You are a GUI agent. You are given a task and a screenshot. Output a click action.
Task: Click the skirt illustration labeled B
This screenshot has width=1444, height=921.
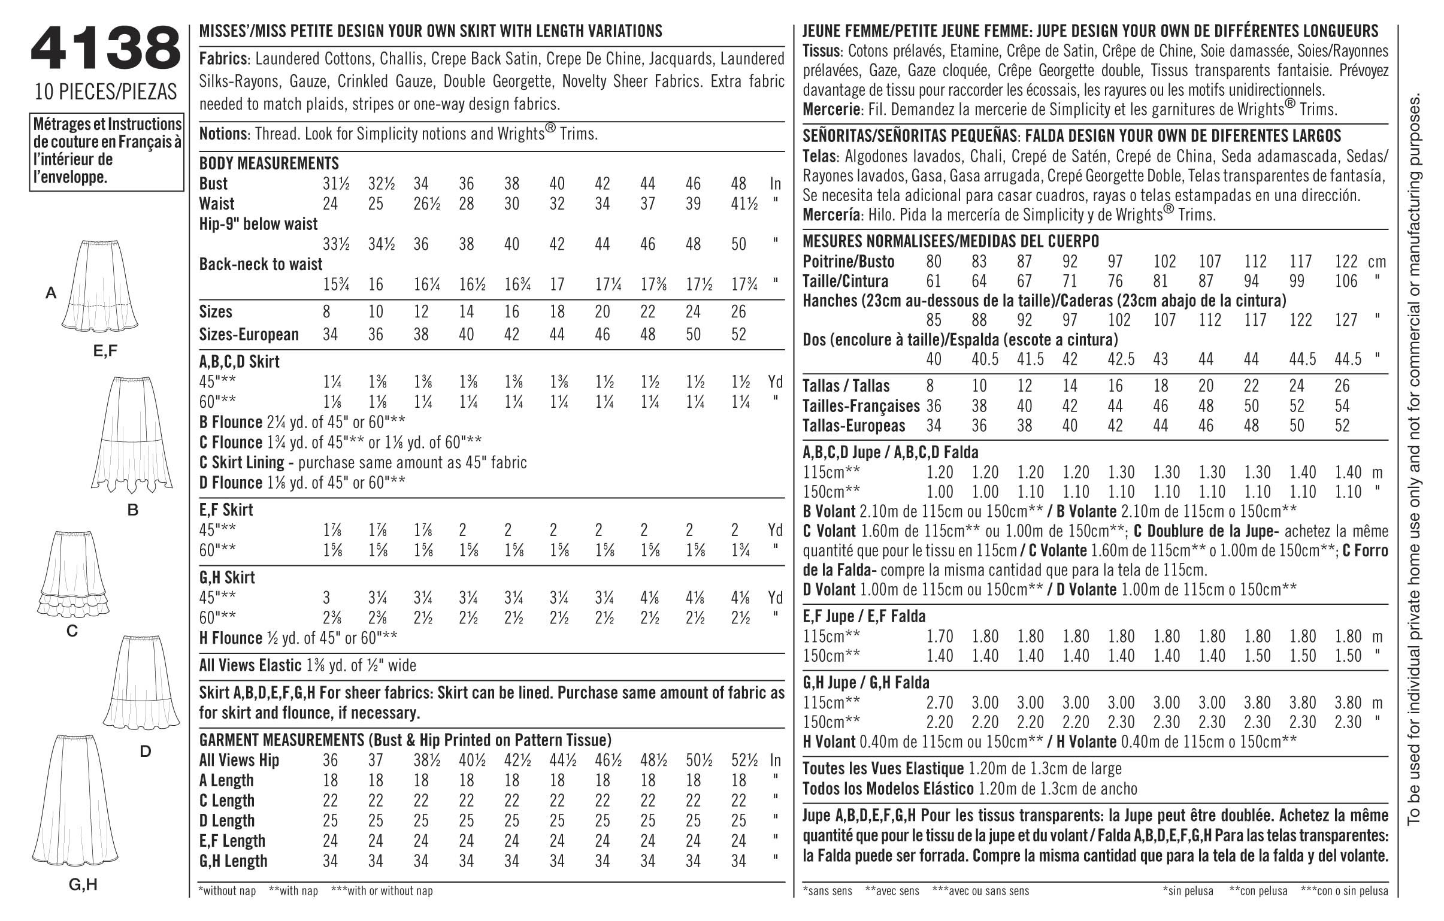coord(132,432)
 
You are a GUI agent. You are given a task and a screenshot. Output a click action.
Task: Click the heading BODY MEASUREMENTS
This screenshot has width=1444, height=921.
coord(269,163)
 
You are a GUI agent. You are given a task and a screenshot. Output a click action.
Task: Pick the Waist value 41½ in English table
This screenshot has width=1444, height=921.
coord(744,204)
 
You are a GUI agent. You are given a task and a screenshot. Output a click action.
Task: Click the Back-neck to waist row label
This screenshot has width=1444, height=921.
coord(261,264)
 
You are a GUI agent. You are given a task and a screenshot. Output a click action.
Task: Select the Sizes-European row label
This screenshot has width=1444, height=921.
coord(249,334)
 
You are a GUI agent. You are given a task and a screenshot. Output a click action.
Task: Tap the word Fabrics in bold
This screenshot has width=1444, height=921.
coord(223,59)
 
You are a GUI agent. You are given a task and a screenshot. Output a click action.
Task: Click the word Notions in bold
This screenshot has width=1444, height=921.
coord(223,133)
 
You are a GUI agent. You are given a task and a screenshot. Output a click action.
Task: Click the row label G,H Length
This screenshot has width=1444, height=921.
coord(233,861)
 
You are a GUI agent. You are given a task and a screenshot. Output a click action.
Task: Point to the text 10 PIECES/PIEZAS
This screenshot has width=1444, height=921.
coord(105,92)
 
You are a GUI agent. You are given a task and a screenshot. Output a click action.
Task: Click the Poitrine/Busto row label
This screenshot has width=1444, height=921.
coord(849,262)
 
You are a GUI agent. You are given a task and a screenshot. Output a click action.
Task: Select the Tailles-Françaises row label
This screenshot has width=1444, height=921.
coord(861,406)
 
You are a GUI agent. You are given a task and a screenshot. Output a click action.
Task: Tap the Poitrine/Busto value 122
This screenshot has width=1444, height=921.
coord(1346,262)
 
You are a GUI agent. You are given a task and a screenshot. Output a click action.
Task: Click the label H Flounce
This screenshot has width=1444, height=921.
coord(231,638)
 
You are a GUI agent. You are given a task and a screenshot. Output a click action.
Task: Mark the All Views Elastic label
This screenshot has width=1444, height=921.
coord(250,665)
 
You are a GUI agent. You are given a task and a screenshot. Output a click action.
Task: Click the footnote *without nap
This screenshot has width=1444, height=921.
coord(227,891)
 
